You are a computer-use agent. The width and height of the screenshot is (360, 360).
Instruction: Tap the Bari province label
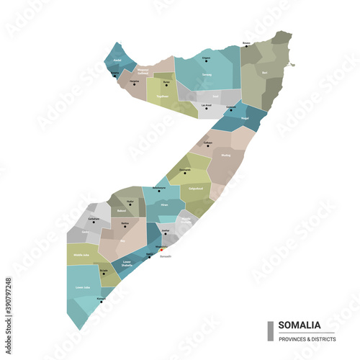click(265, 72)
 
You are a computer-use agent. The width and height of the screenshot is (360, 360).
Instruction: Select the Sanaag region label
click(207, 74)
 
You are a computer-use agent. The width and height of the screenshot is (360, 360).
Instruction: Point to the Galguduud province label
click(196, 188)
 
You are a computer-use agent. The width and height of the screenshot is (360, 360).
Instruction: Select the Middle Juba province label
click(81, 255)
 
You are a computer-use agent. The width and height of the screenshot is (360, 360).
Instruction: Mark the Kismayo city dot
click(102, 301)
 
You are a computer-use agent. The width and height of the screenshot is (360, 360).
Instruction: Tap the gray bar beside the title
click(270, 330)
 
